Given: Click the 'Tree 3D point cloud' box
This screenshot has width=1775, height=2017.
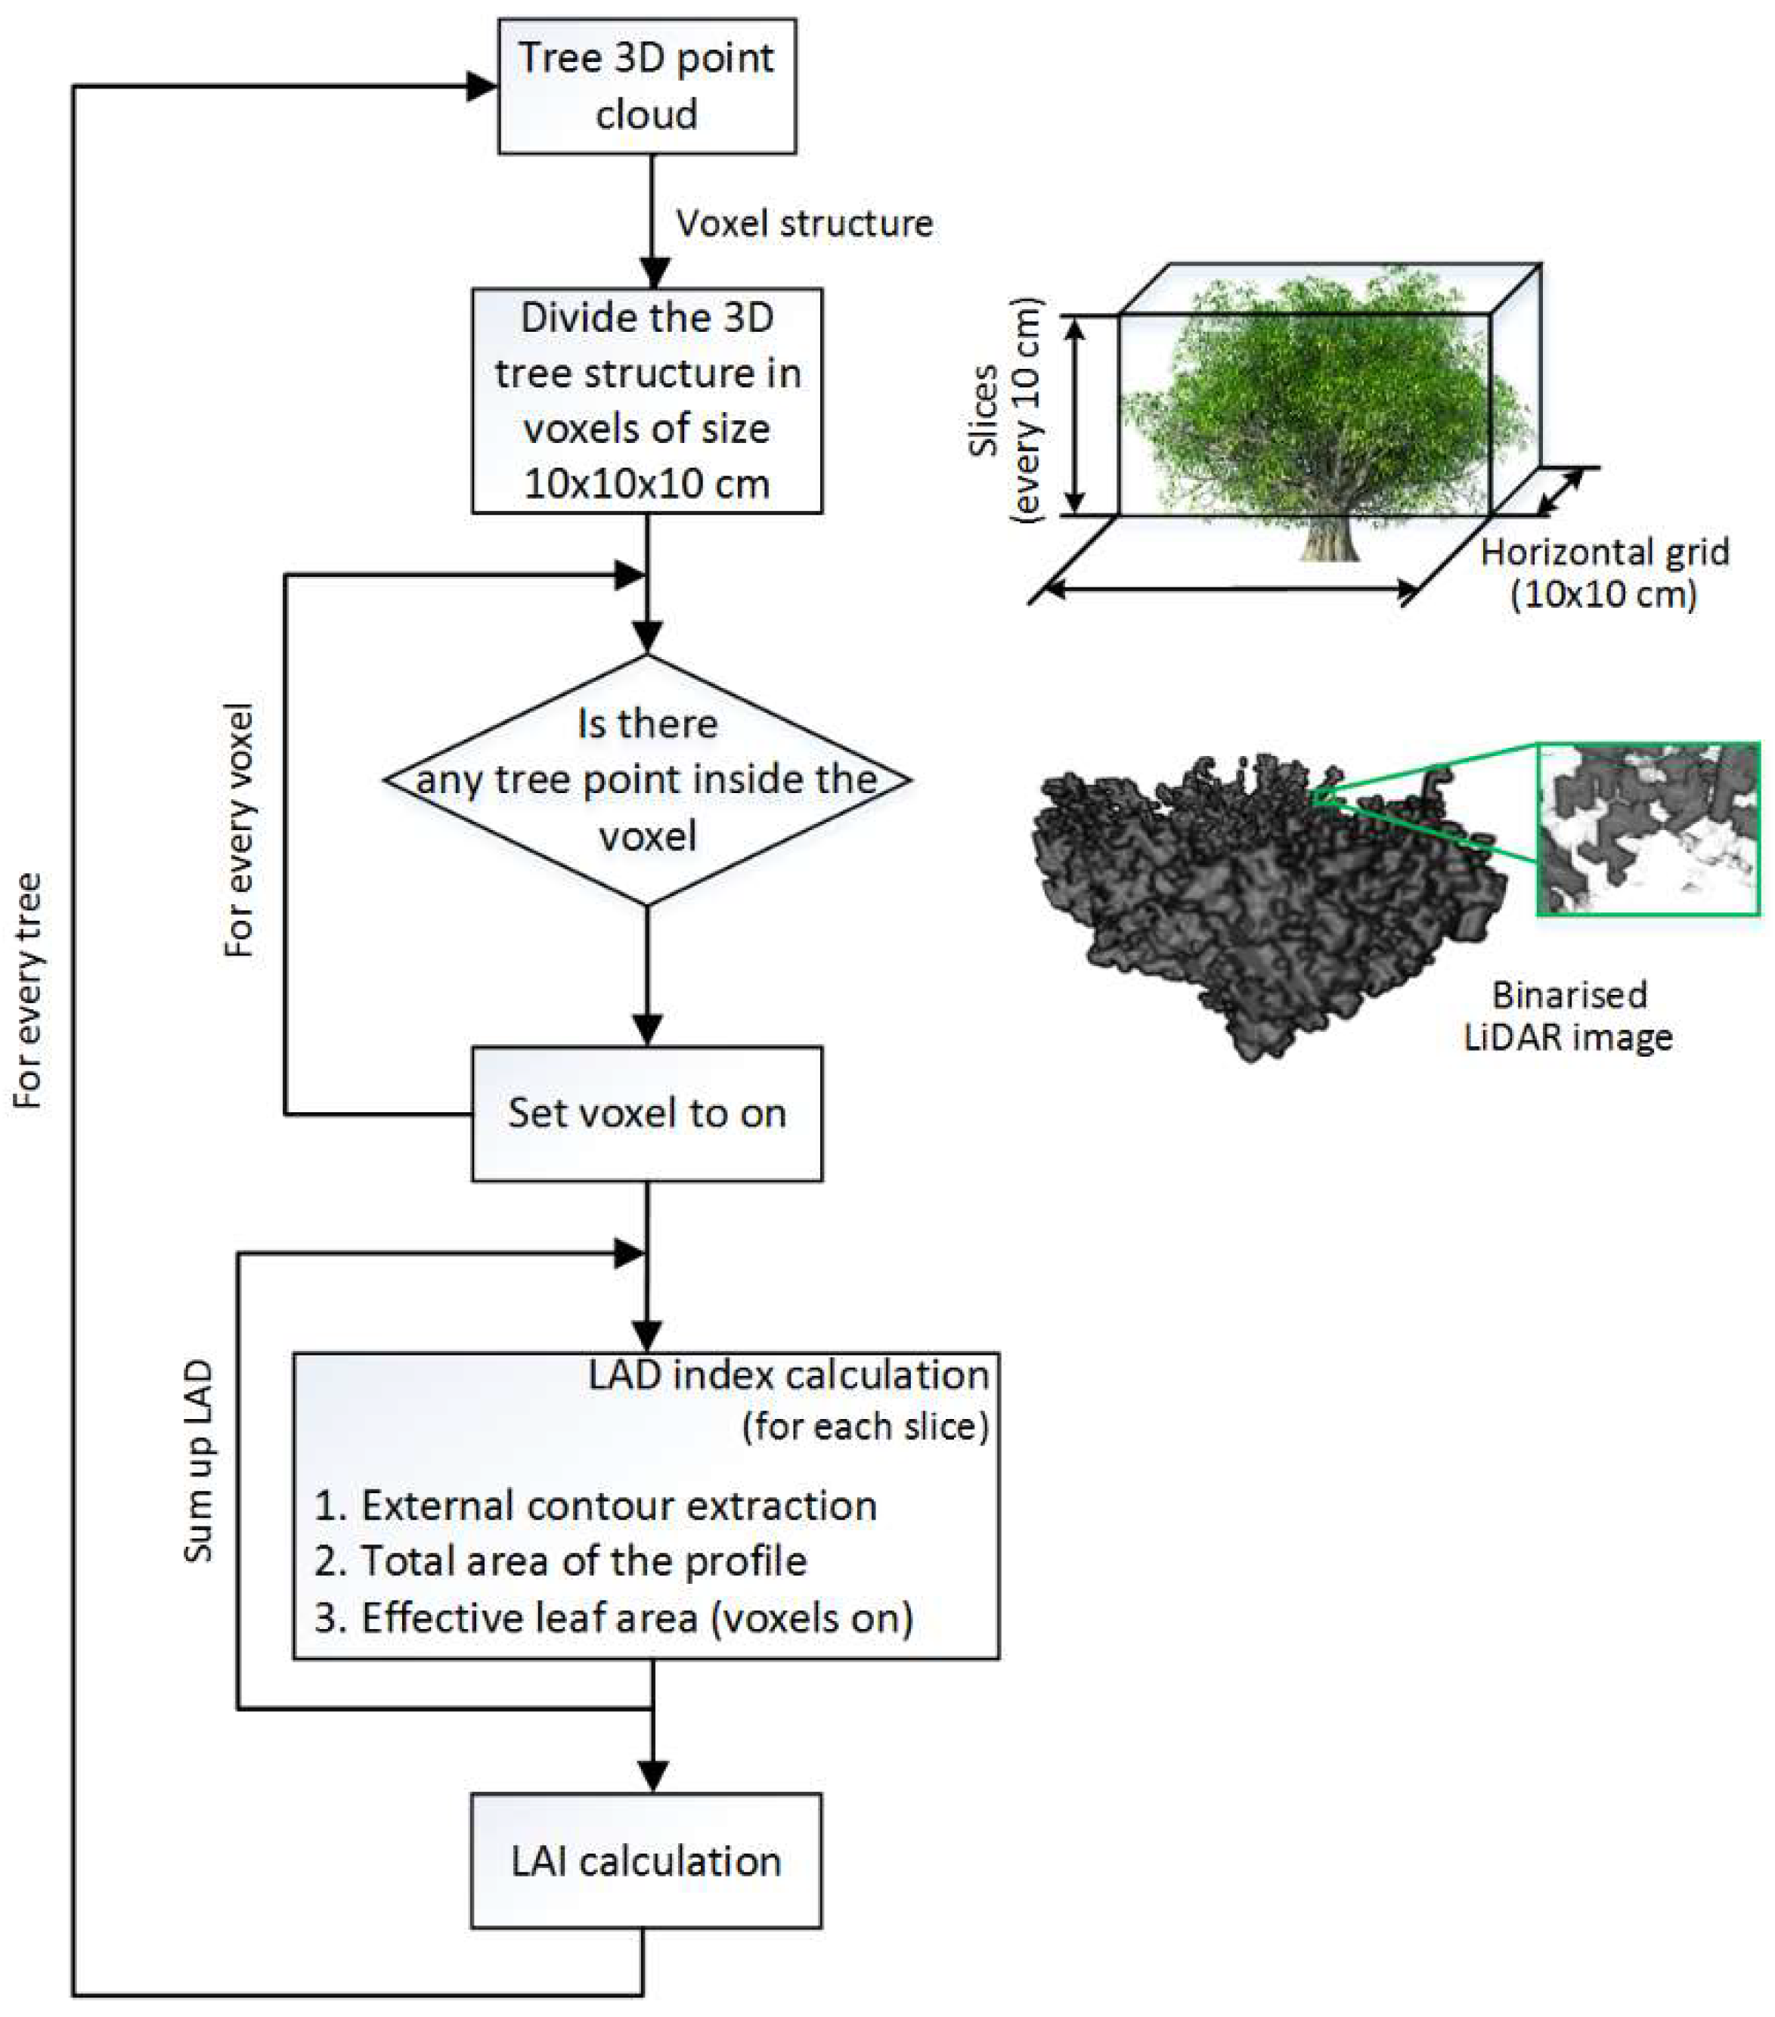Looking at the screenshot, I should coord(646,86).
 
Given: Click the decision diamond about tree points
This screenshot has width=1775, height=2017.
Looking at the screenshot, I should coord(646,779).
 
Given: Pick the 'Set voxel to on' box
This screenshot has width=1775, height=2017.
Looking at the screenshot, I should coord(646,1113).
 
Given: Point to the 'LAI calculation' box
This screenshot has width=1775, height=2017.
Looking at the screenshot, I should coord(646,1862).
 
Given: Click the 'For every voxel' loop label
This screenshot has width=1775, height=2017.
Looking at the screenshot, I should coord(240,829).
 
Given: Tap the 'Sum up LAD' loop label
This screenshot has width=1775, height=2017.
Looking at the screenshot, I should coord(198,1461).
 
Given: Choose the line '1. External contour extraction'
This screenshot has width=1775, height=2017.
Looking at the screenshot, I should coord(595,1506).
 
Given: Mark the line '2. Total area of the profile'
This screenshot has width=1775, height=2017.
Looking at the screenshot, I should coord(559,1561).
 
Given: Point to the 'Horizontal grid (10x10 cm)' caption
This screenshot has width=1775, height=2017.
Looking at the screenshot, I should coord(1604,572).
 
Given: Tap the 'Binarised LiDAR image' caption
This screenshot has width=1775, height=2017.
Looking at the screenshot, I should coord(1568,1015).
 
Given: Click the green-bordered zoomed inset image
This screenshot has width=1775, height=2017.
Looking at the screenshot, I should coord(1648,829).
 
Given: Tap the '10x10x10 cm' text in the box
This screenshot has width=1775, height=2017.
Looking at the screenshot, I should coord(646,484).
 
